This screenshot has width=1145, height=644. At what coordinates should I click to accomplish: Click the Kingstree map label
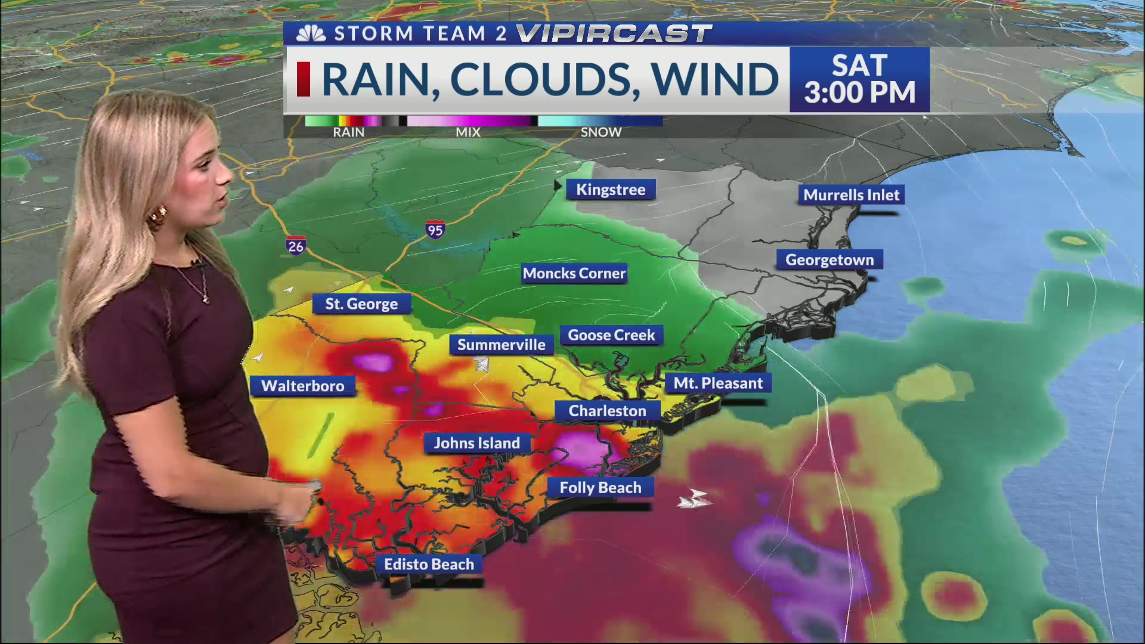coord(611,190)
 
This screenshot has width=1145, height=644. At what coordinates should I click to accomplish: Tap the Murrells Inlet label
coord(851,195)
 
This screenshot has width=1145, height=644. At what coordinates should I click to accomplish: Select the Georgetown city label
coord(829,260)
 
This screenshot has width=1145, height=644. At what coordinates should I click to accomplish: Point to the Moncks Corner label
coord(574,273)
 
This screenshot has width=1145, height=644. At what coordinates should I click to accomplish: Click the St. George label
coord(361,304)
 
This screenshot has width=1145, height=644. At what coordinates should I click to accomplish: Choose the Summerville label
coord(501,345)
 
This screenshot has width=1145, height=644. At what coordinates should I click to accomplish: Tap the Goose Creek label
coord(611,335)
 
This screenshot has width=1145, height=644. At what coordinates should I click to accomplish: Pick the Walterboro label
coord(303,386)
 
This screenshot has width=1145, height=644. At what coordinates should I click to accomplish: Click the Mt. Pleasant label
coord(718,383)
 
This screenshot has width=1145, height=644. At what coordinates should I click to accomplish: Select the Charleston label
coord(607,411)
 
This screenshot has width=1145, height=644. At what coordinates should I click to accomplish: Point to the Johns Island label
coord(476,443)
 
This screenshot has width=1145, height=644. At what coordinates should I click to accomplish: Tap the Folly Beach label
coord(600,488)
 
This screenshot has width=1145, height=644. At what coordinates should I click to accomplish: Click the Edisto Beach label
coord(429,564)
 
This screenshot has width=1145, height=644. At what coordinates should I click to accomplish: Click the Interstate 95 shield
coord(435,230)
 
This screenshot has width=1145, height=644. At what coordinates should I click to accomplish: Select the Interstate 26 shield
coord(295,246)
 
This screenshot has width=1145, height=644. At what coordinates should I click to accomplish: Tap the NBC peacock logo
coord(311,33)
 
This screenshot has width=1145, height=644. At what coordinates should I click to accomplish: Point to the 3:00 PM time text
coord(859,92)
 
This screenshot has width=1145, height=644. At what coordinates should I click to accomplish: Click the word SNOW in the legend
coord(601,132)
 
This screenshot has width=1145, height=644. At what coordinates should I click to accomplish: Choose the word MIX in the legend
coord(468,132)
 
